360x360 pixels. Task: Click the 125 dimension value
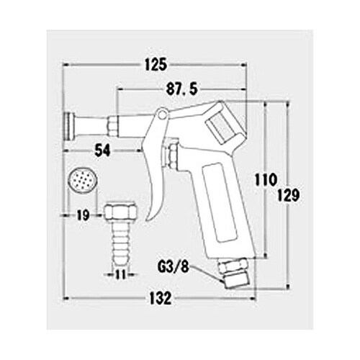(x=156, y=64)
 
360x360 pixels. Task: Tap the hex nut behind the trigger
(x=173, y=154)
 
